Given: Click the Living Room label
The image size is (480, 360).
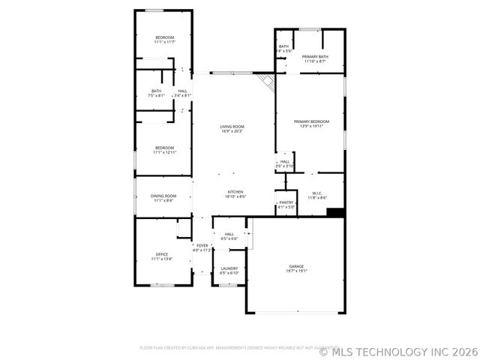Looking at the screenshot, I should (x=232, y=127).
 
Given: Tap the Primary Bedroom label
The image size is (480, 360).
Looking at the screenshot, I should (x=310, y=121).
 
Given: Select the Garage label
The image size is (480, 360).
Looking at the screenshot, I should (x=297, y=266).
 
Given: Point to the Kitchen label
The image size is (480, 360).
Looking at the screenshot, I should (x=235, y=192).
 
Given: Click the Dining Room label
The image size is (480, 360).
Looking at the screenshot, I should (x=163, y=196).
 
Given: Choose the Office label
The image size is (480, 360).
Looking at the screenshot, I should (x=161, y=254).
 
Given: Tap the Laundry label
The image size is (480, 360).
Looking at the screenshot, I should (x=229, y=268).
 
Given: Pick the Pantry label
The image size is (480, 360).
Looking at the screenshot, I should (x=286, y=202).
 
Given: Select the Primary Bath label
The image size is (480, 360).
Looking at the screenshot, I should (x=314, y=56).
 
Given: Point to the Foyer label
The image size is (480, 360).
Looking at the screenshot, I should (x=202, y=245).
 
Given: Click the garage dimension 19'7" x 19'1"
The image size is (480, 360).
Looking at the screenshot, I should (x=297, y=271).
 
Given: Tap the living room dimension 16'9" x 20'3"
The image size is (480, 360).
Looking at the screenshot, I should (x=232, y=132).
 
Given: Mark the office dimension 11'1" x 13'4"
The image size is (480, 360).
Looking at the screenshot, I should (x=161, y=259).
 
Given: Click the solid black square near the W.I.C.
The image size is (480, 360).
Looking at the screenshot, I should (x=336, y=212).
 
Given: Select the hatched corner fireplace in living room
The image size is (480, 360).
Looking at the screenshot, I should (x=265, y=81).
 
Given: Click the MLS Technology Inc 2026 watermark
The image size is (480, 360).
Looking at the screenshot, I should (x=398, y=351).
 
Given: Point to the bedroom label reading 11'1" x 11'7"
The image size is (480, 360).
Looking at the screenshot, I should (x=164, y=42).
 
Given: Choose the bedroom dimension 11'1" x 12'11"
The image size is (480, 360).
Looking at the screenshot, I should (x=164, y=152).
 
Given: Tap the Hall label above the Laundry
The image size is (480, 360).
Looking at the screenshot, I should (x=229, y=234).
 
